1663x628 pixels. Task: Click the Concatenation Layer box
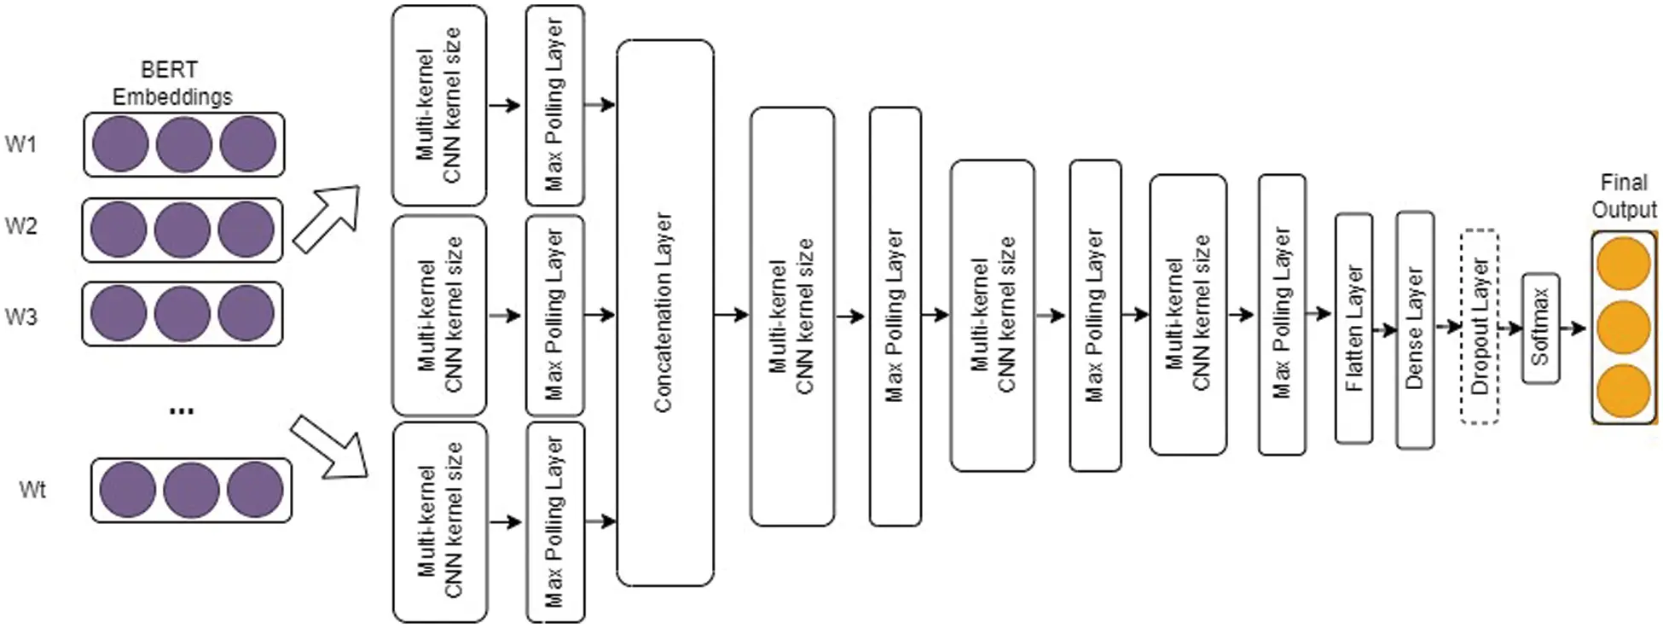click(664, 312)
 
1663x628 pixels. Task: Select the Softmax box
click(1540, 328)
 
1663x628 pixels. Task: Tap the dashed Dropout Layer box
click(1480, 327)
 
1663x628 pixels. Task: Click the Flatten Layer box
click(1353, 329)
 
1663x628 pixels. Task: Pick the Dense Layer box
click(1415, 329)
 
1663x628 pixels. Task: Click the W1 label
click(20, 144)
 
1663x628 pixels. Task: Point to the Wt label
click(32, 490)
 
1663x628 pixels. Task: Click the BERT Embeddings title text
click(171, 83)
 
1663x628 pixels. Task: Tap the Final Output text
click(1624, 195)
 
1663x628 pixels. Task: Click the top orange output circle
click(1623, 264)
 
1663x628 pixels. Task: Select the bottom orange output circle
click(1623, 390)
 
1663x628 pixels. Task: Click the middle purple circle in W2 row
click(183, 230)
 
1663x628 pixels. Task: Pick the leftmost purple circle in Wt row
click(128, 490)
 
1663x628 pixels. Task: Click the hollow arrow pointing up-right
click(328, 218)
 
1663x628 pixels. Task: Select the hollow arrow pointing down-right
click(330, 447)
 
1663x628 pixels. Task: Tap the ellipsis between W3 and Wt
click(182, 411)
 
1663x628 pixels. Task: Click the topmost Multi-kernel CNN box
click(439, 106)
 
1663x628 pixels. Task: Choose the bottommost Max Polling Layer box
click(555, 522)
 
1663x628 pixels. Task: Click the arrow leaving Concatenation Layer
click(731, 316)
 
